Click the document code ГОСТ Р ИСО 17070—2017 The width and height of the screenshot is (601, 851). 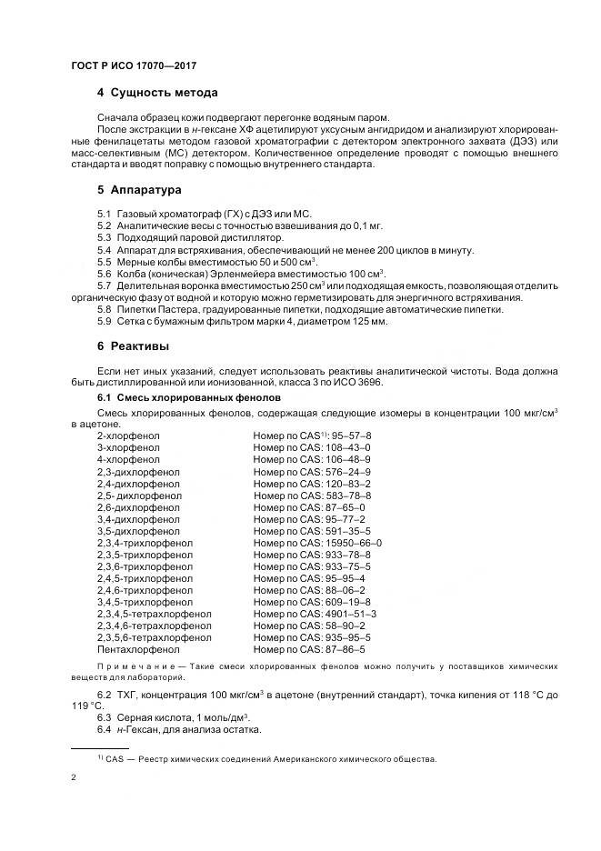coord(134,67)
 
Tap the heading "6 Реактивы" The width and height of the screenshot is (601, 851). coord(134,346)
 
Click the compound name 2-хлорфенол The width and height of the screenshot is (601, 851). coord(128,436)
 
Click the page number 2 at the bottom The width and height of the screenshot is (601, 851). coord(74,778)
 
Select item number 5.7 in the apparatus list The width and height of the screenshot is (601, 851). coord(104,285)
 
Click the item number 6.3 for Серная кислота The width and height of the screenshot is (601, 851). coord(104,717)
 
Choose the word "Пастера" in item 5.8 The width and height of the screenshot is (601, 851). coord(169,309)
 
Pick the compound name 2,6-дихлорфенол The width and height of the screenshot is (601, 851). coord(139,507)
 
